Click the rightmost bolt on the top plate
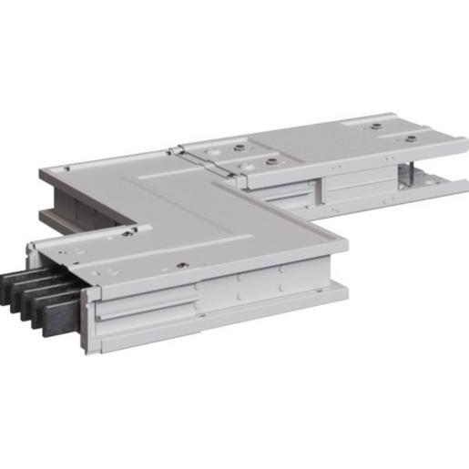click(411, 138)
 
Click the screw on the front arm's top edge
click(183, 265)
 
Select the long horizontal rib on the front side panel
click(146, 310)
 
